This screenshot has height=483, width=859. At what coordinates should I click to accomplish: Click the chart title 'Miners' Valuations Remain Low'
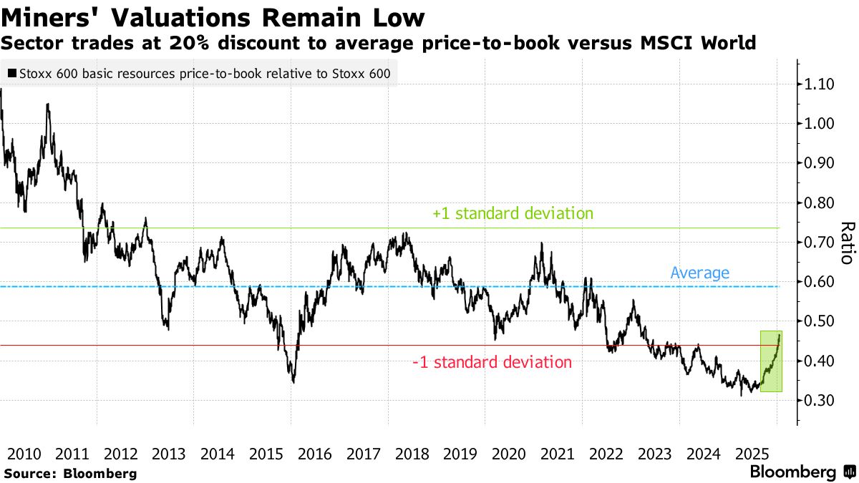tap(213, 17)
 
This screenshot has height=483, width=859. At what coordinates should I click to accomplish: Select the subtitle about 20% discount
tap(379, 43)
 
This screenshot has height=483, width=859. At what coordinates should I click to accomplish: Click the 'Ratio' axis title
tap(847, 243)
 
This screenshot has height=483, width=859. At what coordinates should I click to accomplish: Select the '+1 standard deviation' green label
tap(513, 213)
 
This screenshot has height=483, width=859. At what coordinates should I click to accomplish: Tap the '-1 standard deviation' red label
tap(492, 362)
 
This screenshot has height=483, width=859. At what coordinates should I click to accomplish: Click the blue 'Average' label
tap(699, 273)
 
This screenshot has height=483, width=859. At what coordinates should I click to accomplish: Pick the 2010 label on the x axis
tap(23, 454)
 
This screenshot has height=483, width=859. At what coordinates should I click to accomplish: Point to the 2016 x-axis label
tap(314, 454)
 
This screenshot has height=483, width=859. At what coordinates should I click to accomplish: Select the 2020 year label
tap(509, 454)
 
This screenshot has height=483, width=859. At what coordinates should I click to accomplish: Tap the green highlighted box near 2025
tap(770, 361)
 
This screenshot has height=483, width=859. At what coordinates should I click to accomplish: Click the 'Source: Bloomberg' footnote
tap(70, 473)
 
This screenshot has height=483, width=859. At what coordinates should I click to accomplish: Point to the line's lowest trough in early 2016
tap(293, 381)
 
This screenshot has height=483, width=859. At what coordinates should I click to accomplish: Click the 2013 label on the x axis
tap(169, 454)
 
